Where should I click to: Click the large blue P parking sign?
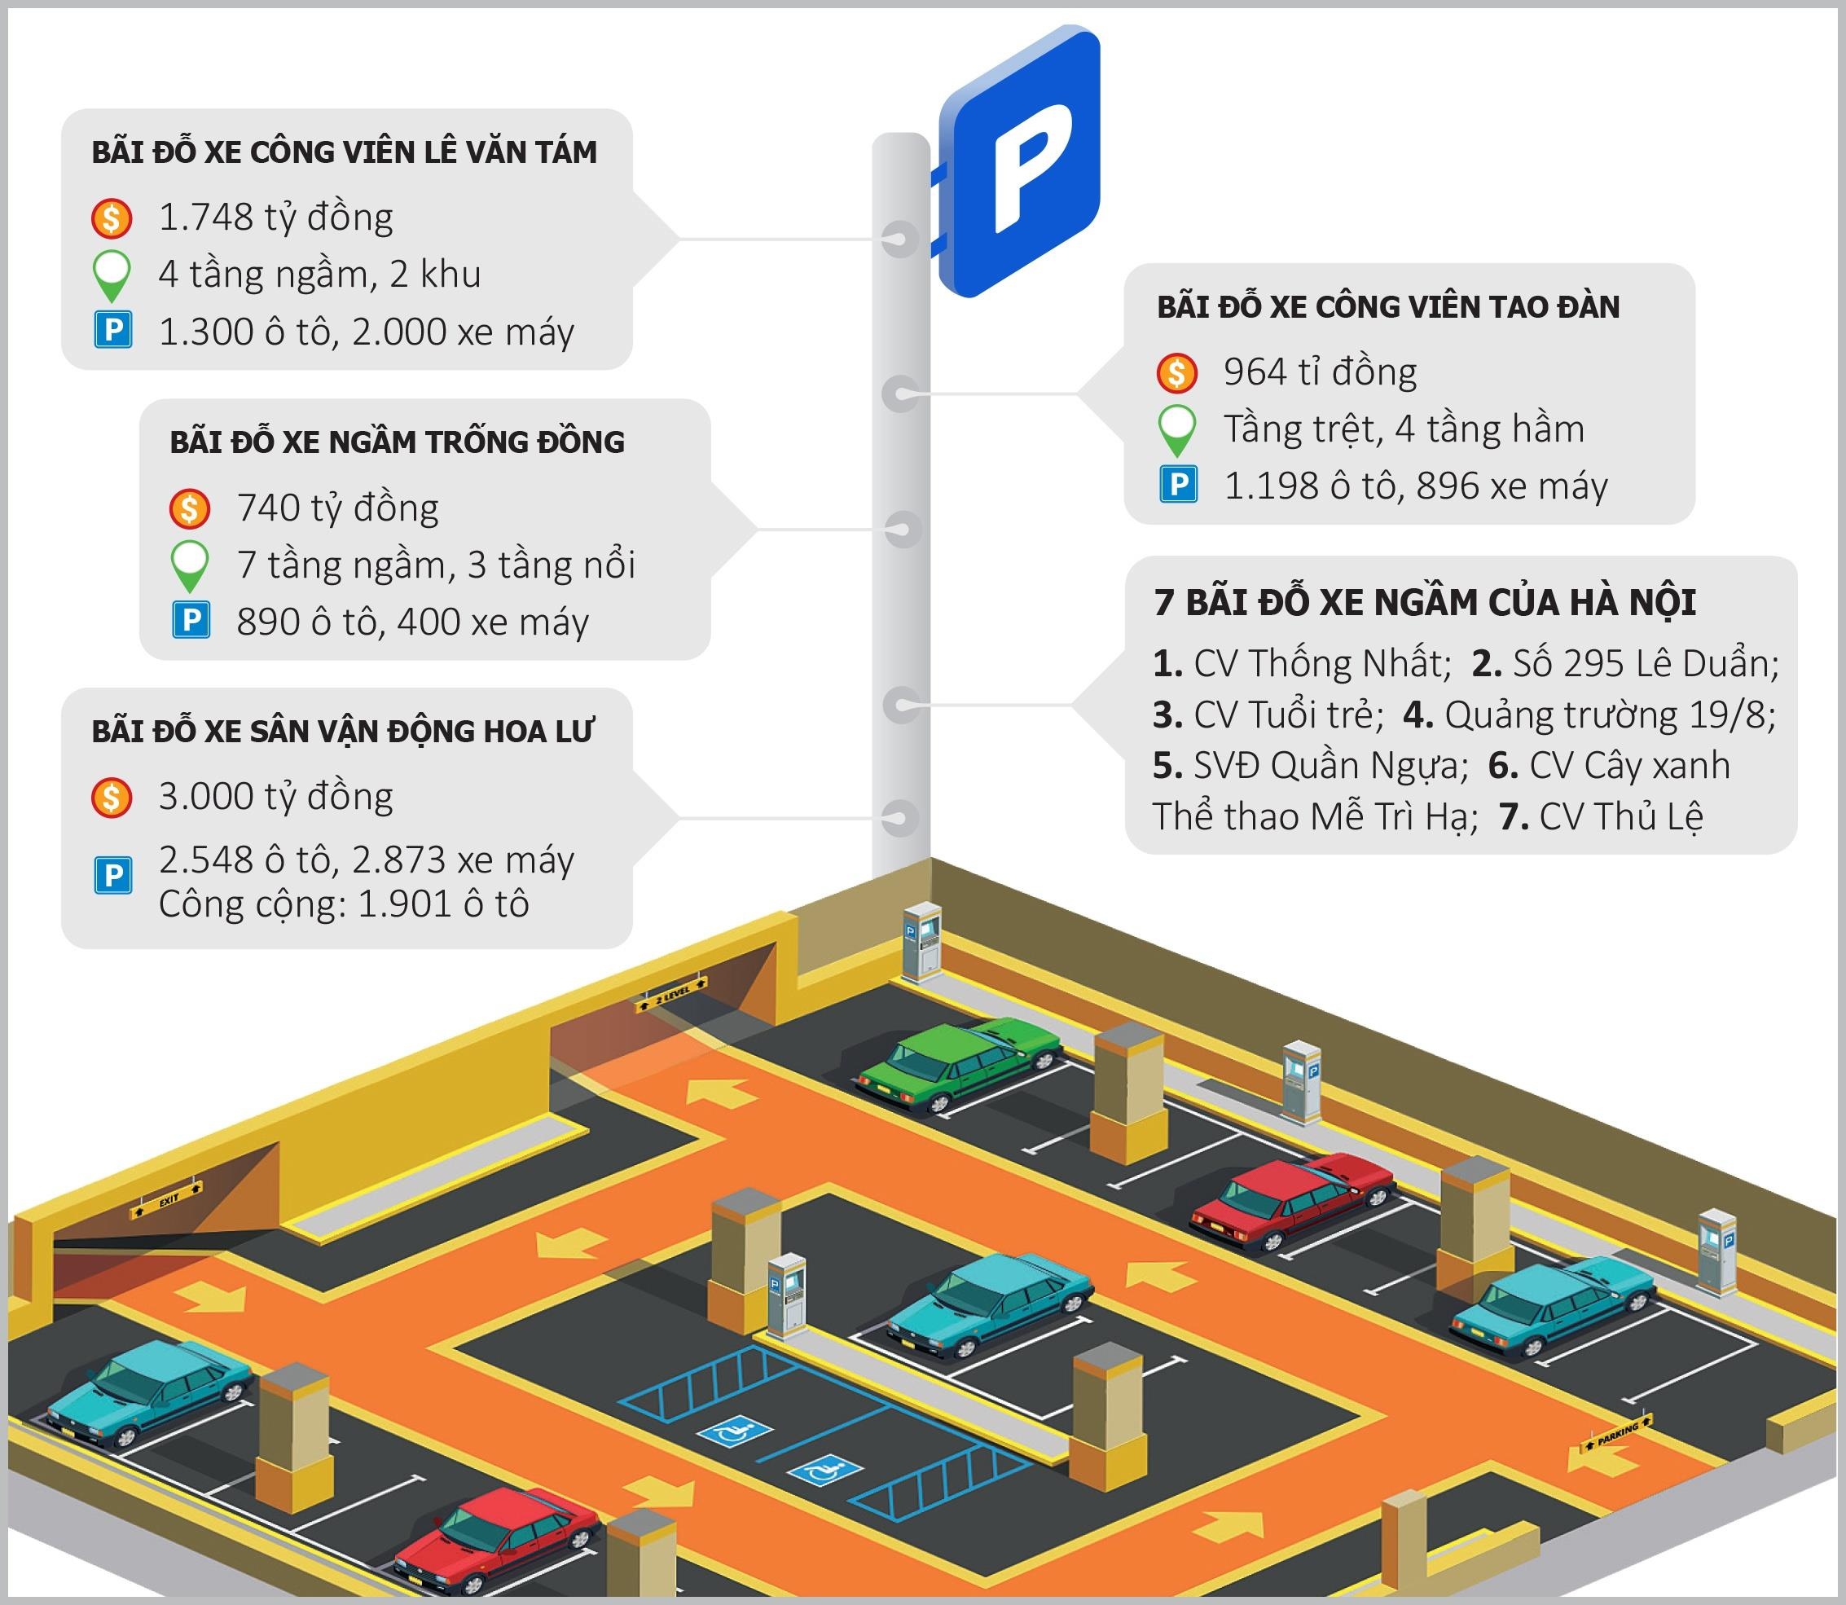point(1020,161)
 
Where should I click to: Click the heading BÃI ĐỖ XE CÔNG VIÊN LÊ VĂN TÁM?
point(344,152)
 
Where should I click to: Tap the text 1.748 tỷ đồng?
point(275,218)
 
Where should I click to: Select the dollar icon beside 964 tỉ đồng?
point(1176,372)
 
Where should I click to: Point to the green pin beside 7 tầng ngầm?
point(190,565)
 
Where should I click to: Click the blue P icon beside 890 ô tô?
point(190,620)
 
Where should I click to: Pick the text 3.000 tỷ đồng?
point(275,796)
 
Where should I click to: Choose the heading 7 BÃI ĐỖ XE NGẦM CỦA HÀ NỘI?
point(1424,602)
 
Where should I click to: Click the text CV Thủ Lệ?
point(1620,816)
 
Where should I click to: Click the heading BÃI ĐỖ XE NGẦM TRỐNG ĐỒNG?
point(397,442)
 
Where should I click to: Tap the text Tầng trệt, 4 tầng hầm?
point(1404,429)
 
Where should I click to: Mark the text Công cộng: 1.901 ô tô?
point(343,904)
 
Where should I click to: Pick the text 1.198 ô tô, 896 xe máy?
point(1415,486)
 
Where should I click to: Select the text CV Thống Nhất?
point(1321,664)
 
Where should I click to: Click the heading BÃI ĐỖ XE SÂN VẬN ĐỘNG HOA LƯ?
point(342,732)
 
